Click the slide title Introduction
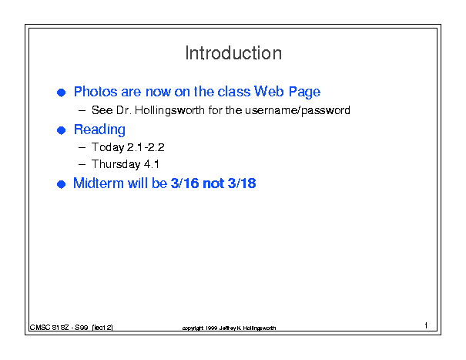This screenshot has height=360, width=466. coord(233,53)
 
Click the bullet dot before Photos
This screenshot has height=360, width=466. coord(61,93)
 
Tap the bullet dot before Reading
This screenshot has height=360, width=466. coord(61,130)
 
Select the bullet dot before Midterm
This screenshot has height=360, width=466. coord(61,184)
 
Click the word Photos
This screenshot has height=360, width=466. coord(96,92)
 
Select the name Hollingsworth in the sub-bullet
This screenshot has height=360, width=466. coord(169,111)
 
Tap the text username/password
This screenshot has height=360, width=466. coord(297,111)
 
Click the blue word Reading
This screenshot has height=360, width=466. coord(99,130)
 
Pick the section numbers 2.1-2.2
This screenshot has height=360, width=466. coord(146,147)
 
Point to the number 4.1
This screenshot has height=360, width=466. coord(152,164)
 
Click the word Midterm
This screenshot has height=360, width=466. coord(99,183)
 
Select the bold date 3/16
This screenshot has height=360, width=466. coord(185,183)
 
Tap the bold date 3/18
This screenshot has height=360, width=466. coord(242,183)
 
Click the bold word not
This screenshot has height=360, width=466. coord(213,183)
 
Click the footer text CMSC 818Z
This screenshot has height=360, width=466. coord(49,328)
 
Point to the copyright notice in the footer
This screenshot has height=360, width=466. coord(229,328)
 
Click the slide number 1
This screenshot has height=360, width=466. coord(426,325)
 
